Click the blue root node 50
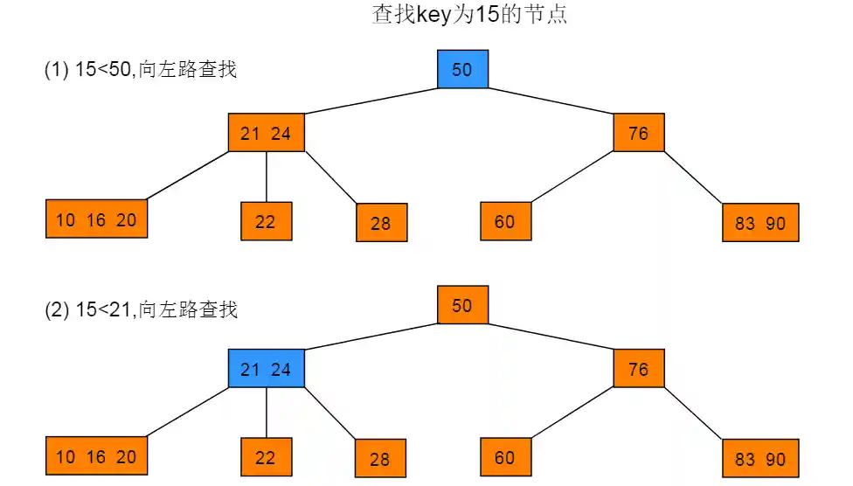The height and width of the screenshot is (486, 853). [x=462, y=69]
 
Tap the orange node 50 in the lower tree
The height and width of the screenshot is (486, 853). [x=462, y=305]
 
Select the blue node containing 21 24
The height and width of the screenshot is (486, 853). [x=266, y=369]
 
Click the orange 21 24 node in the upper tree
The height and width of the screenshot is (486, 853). [x=266, y=133]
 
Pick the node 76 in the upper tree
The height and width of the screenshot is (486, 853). [x=639, y=133]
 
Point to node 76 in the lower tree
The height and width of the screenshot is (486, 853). [x=639, y=369]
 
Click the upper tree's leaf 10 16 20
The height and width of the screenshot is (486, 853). [x=96, y=219]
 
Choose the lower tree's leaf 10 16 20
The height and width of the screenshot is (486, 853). [x=96, y=457]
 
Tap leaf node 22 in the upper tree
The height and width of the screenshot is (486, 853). [x=266, y=221]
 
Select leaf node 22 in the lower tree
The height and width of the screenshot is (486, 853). [x=266, y=457]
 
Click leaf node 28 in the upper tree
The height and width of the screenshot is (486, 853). [x=381, y=223]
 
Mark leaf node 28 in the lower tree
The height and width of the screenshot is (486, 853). [x=380, y=458]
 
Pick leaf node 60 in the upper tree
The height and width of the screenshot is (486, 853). [x=505, y=221]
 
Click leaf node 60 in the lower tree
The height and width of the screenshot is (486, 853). [x=505, y=457]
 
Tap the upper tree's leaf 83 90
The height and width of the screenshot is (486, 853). [x=760, y=223]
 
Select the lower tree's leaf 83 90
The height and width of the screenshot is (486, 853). [x=760, y=459]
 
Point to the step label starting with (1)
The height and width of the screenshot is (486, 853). [x=140, y=70]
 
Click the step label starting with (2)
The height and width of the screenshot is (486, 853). [x=140, y=309]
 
